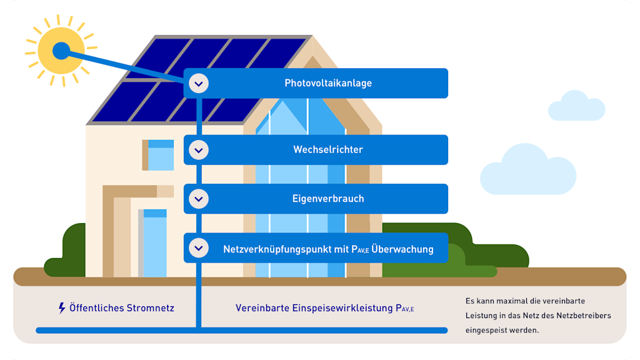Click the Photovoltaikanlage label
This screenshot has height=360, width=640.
click(328, 83)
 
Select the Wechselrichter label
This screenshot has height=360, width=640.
click(328, 150)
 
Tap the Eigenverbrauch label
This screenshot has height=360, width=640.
click(328, 199)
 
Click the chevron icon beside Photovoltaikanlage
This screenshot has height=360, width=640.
click(199, 83)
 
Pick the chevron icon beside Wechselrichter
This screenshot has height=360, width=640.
click(199, 150)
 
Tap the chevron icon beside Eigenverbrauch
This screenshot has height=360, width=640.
click(199, 199)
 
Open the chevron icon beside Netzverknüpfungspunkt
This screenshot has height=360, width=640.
click(199, 248)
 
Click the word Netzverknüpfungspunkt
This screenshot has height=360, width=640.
click(277, 249)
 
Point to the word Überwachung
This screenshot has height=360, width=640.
click(402, 249)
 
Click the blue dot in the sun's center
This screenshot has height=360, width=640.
click(61, 51)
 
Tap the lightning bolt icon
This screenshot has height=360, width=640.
click(61, 308)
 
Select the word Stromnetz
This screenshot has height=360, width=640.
click(149, 308)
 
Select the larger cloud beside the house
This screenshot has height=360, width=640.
click(527, 169)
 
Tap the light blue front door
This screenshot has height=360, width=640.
click(154, 244)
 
